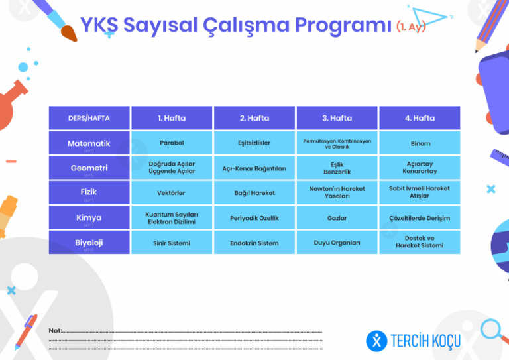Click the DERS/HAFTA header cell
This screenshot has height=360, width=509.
pos(89,119)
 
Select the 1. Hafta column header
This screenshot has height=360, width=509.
pos(172,119)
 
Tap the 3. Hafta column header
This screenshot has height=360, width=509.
pos(337,119)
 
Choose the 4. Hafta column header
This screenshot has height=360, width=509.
pos(420,119)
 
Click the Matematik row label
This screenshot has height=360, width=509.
pos(89,144)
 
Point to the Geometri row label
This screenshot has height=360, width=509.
pos(89,168)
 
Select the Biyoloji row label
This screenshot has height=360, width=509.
pos(89,243)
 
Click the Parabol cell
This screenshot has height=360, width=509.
pos(172,143)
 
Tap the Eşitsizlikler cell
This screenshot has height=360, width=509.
pos(254,143)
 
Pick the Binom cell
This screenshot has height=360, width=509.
pos(420,143)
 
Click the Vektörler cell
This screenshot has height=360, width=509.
pos(172,193)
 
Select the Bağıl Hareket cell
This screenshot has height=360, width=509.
pos(254,193)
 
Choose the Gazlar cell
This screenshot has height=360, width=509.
pos(337,218)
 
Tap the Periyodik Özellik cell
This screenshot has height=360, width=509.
pos(254,218)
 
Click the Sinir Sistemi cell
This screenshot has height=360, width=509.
pos(172,243)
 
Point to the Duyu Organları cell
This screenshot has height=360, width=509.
pos(337,243)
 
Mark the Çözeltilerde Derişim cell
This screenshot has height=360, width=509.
pos(420,218)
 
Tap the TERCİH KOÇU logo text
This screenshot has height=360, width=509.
pos(425,341)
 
